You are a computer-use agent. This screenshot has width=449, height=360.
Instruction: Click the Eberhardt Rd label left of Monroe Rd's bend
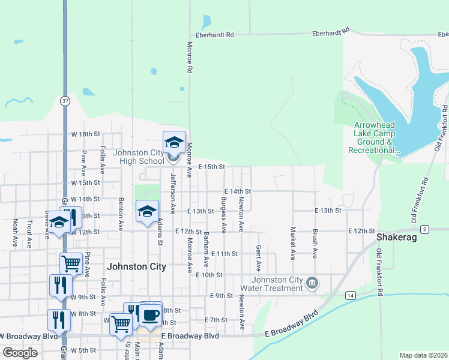[212, 35]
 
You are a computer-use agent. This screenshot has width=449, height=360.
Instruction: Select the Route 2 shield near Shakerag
[424, 229]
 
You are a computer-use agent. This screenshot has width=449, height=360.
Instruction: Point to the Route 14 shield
[350, 295]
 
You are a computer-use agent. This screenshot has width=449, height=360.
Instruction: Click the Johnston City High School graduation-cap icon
[174, 143]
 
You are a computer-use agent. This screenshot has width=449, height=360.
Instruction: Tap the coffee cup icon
[151, 314]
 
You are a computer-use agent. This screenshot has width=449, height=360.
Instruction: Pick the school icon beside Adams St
[147, 212]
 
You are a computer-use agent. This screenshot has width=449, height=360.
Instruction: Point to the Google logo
[20, 353]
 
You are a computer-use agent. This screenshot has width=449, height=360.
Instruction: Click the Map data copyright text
[423, 355]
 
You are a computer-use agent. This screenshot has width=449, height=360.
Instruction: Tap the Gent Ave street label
[259, 257]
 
